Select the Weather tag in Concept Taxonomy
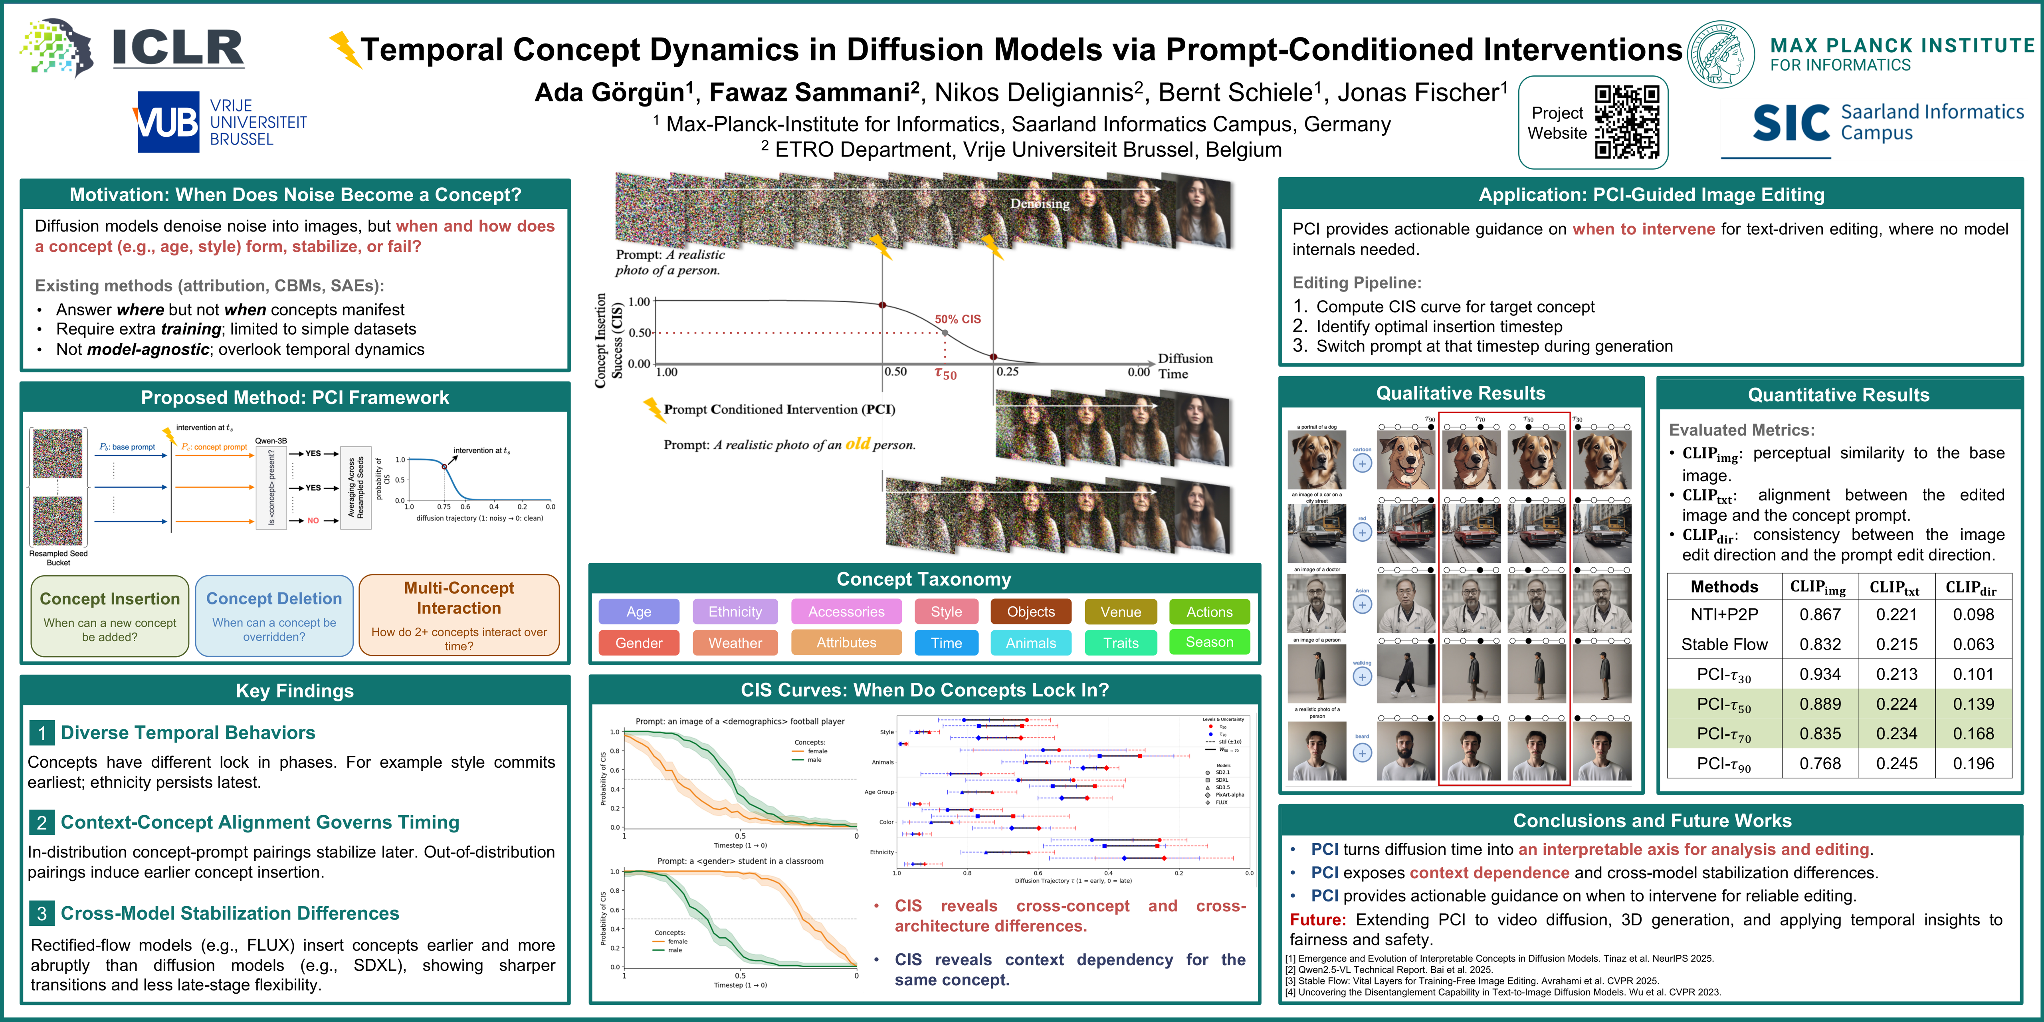735,643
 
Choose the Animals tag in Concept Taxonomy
1031,643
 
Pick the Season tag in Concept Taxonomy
1209,642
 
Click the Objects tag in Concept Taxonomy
1031,612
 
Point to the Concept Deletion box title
274,598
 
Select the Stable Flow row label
1724,644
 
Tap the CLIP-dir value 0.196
1973,763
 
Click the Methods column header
1724,586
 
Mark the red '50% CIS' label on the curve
958,319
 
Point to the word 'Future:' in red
1317,920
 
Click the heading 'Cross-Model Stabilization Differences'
230,913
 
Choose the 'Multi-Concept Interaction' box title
459,598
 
